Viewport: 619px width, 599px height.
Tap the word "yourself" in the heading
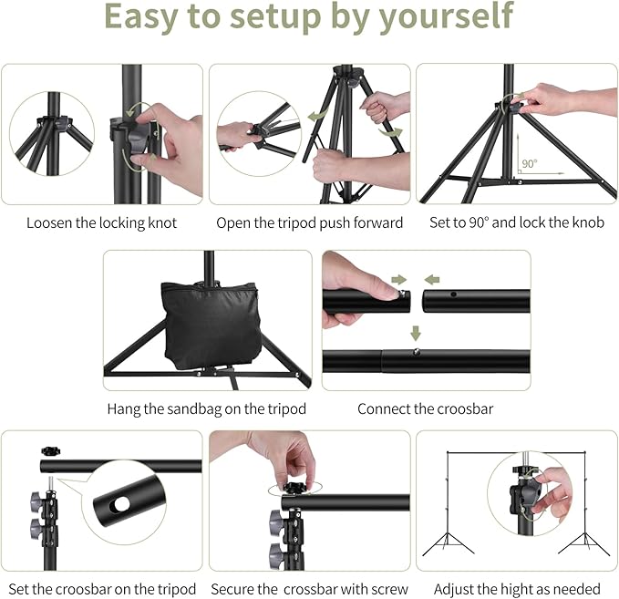point(448,17)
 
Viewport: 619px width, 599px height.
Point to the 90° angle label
point(529,164)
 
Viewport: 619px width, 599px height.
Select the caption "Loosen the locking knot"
point(101,222)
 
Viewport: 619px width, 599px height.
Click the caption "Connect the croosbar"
point(425,408)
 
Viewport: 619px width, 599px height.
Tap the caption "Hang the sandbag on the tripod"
point(206,408)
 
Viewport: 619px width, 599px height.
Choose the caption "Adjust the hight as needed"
point(516,588)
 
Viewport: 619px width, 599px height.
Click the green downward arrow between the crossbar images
point(415,331)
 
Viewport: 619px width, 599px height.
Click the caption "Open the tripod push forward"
point(309,222)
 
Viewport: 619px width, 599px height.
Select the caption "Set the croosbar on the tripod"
point(101,588)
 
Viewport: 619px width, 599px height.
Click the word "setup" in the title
point(273,17)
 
